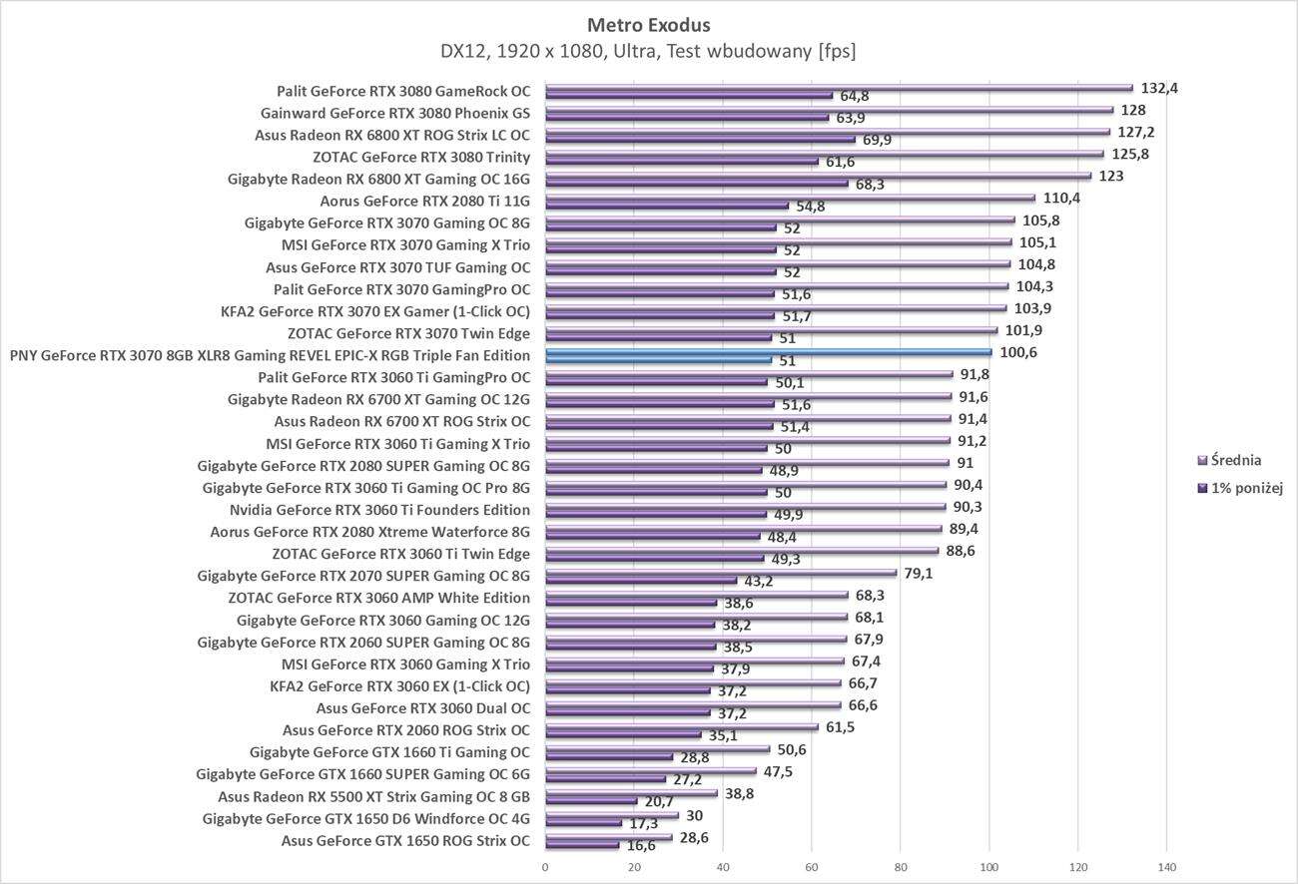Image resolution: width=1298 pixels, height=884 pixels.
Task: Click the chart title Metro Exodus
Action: (649, 24)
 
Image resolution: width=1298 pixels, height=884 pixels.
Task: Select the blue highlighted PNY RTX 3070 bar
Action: (769, 352)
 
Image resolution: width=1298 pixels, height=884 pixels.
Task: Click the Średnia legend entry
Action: (1235, 461)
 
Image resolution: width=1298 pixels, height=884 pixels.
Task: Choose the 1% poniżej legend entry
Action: (1245, 488)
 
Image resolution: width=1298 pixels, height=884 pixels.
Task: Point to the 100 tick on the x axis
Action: (989, 867)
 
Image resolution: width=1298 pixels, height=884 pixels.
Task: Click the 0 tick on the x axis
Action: (545, 867)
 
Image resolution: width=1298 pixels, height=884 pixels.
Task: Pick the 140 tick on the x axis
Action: (1167, 867)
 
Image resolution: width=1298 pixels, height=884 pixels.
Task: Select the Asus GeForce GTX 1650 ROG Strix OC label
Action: (405, 840)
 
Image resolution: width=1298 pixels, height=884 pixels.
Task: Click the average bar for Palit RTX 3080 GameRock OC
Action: (839, 88)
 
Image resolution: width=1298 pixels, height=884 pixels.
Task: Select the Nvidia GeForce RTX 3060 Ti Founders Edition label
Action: (379, 510)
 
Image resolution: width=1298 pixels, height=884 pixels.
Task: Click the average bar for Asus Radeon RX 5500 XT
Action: (631, 793)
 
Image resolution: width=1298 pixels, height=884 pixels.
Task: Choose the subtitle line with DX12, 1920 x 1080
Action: (649, 50)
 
